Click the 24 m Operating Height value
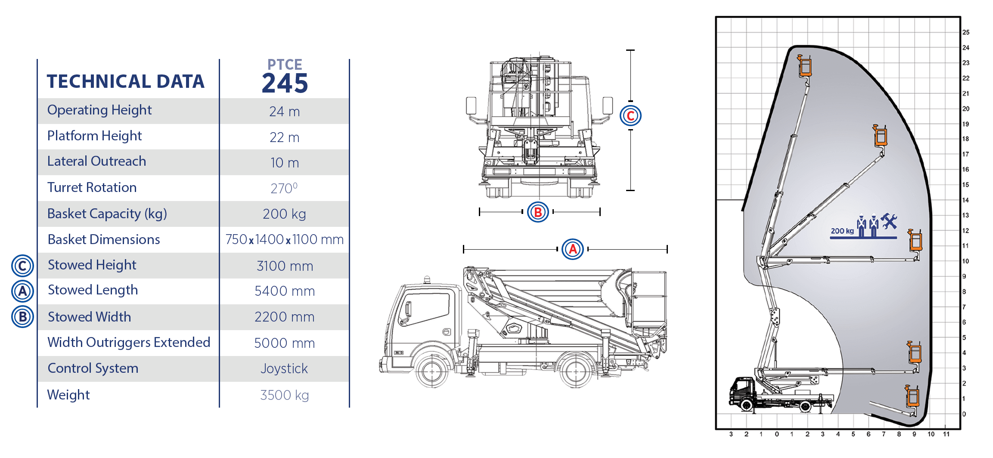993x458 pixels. point(284,111)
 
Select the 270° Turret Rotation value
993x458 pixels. point(284,188)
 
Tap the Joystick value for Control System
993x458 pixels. point(284,368)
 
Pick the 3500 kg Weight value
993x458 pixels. point(284,395)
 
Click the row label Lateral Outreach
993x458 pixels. point(96,161)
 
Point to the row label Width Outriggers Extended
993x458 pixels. point(129,342)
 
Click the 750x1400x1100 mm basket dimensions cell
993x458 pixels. point(284,239)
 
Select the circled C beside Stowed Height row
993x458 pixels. point(22,266)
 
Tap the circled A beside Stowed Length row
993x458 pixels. point(22,291)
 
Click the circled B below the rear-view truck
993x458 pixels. point(538,212)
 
